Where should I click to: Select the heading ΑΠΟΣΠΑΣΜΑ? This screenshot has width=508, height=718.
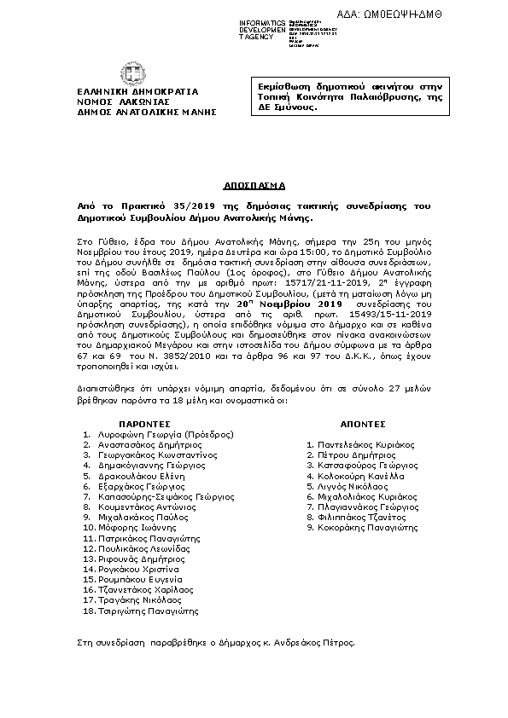click(254, 184)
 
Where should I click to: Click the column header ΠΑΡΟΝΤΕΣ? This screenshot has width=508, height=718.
click(142, 422)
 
